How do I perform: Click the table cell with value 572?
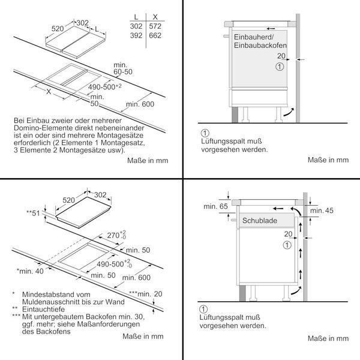(x=155, y=26)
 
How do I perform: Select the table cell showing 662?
(x=155, y=35)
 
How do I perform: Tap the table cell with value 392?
(x=136, y=35)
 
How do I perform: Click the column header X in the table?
(x=155, y=17)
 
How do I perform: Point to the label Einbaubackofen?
(x=260, y=45)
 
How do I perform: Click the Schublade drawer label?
(x=260, y=221)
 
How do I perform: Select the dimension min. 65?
(x=215, y=206)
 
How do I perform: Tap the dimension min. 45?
(x=322, y=211)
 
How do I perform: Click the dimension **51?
(x=33, y=213)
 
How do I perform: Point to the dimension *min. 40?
(x=30, y=271)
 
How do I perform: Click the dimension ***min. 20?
(x=146, y=293)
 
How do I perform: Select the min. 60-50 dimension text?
(x=123, y=68)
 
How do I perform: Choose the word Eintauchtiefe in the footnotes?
(x=43, y=309)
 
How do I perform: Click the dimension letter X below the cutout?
(x=49, y=92)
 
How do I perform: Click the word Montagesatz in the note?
(x=123, y=143)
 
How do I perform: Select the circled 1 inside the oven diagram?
(x=280, y=67)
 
